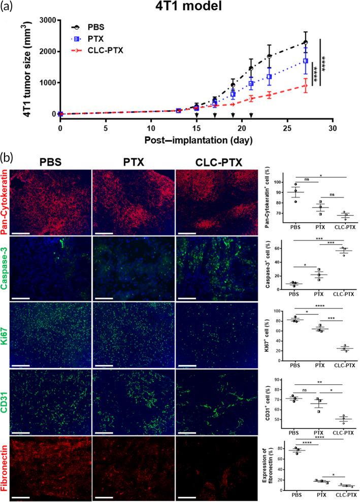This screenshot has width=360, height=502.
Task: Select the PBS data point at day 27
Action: [x=305, y=42]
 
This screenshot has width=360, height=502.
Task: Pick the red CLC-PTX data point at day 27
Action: [x=305, y=86]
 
